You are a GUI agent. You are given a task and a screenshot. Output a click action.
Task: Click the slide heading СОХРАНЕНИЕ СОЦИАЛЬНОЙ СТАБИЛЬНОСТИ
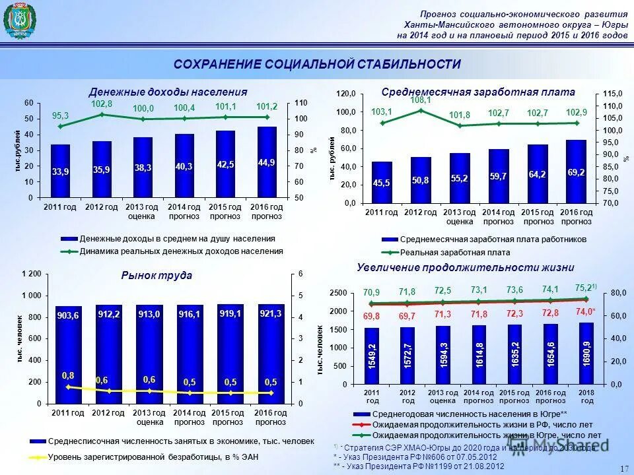point(317,64)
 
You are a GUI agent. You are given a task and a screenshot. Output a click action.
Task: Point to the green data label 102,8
point(102,104)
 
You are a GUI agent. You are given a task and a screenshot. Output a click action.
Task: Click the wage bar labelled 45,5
point(382,182)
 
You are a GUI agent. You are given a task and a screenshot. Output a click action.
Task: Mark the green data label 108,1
point(421,100)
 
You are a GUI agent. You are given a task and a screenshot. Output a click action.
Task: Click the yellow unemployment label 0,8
point(68,375)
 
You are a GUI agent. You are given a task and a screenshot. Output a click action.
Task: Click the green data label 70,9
point(371,292)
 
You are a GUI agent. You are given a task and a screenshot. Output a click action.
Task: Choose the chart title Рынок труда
point(157,275)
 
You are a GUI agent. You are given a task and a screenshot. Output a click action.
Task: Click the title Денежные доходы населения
point(168,92)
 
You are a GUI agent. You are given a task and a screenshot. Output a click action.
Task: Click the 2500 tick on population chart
point(338,292)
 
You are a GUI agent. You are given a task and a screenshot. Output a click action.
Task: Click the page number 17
point(624,468)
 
